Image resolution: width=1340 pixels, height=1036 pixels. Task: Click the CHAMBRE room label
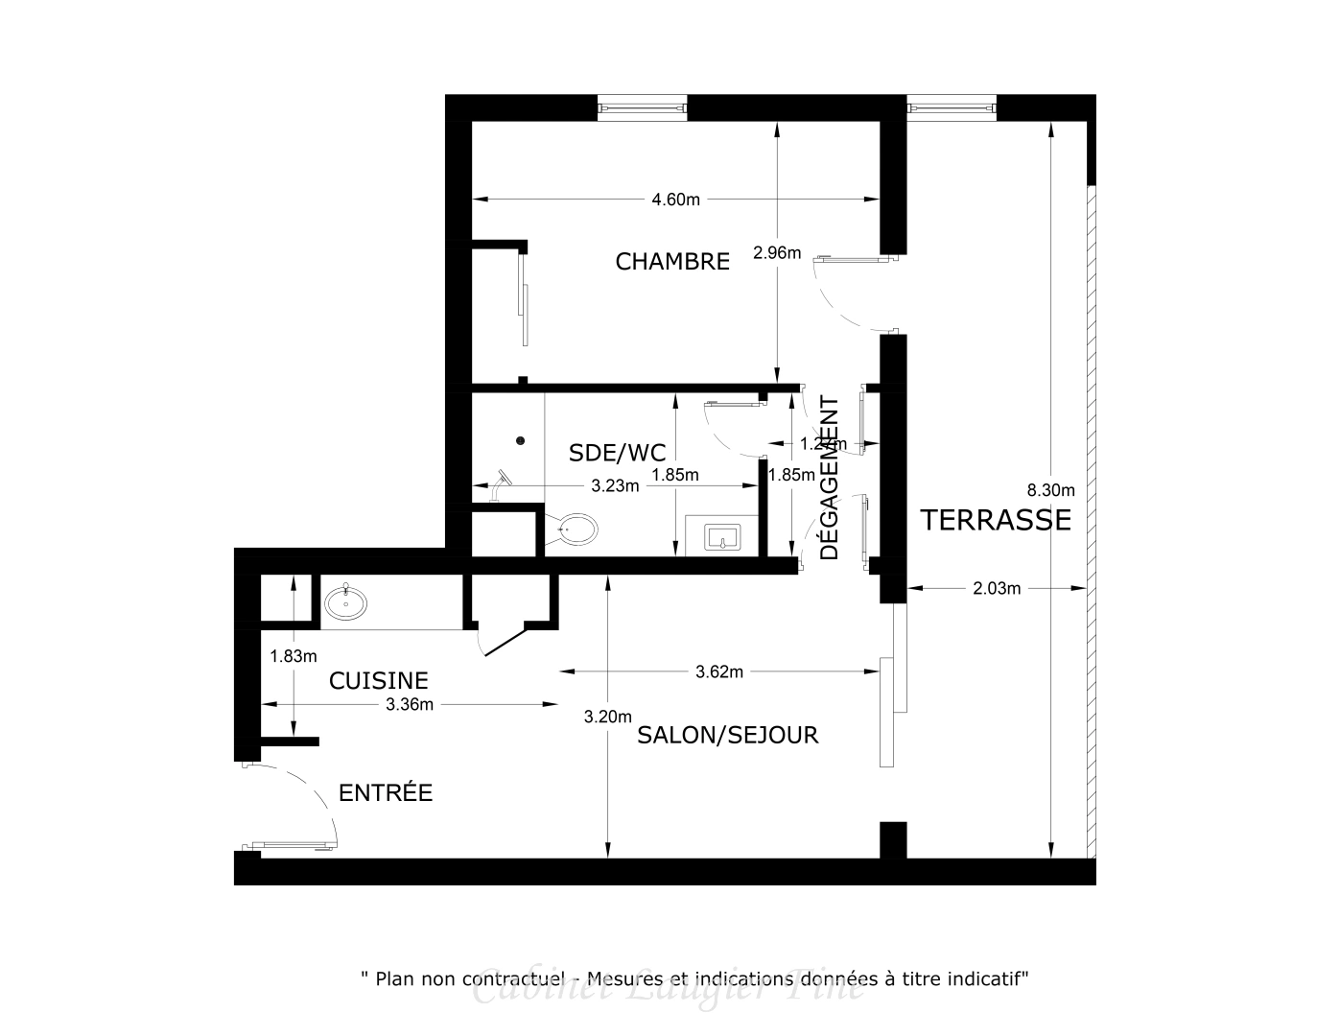[672, 261]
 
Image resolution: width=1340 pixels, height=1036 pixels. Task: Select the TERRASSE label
[995, 520]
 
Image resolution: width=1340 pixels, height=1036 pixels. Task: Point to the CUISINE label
[378, 680]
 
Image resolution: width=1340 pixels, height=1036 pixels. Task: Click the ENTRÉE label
[386, 793]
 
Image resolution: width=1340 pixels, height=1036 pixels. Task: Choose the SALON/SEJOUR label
[728, 736]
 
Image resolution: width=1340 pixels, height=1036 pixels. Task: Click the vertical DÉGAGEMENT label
[830, 478]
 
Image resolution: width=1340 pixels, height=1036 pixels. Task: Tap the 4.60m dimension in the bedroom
[675, 200]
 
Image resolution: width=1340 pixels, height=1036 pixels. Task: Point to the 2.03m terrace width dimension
[997, 588]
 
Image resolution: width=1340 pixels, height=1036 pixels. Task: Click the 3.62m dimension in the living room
[719, 671]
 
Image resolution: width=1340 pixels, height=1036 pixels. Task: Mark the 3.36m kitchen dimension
[410, 704]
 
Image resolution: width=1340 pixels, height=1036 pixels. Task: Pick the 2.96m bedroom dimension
[777, 253]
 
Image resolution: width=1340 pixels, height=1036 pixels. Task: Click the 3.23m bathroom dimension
[615, 485]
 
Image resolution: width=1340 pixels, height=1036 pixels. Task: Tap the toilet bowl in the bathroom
[576, 529]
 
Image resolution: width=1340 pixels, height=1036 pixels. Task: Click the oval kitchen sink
[345, 603]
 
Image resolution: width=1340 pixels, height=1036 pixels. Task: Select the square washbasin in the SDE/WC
[722, 537]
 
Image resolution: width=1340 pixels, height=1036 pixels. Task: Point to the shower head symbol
[505, 480]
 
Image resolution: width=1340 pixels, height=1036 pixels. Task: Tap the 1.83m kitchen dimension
[293, 656]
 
